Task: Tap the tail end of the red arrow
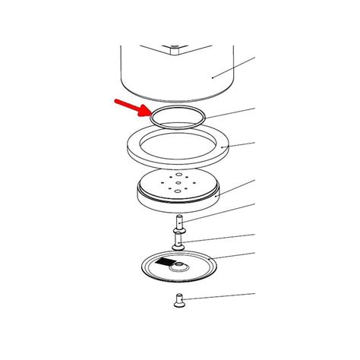click(x=113, y=99)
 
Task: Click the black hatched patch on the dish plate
click(x=166, y=262)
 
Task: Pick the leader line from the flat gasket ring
click(x=239, y=145)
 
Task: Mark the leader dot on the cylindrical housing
click(x=213, y=77)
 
